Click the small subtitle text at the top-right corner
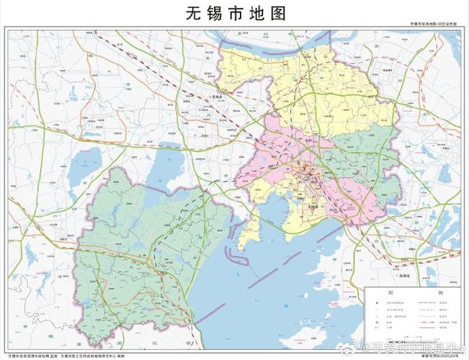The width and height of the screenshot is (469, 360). (432, 24)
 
